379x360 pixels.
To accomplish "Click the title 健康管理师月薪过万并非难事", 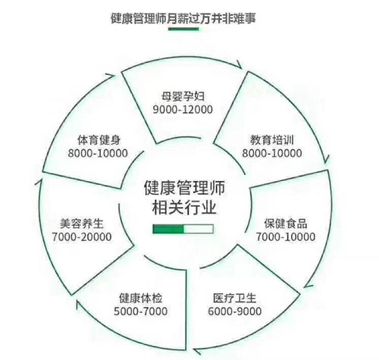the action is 183,18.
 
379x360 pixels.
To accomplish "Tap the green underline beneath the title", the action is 183,29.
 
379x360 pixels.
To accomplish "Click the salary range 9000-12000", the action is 183,109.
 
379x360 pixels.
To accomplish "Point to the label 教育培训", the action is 272,140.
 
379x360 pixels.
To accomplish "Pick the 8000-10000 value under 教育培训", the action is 272,153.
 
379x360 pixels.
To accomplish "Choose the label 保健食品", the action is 286,224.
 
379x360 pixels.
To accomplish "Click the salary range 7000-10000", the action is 286,237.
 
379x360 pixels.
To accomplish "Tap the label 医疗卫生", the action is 235,298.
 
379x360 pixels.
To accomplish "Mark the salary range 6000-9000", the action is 235,311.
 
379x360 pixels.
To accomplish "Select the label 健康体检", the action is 141,298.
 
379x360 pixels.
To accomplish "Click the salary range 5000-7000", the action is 141,311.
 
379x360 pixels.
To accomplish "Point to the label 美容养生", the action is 82,224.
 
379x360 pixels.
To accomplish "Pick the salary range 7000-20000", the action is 82,237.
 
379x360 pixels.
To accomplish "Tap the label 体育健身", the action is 99,140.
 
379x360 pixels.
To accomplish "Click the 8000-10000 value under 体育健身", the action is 98,153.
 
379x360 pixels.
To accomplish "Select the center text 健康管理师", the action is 184,187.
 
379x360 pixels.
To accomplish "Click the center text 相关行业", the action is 184,208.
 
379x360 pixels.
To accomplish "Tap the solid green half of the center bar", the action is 168,229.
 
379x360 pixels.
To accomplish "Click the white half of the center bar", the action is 199,229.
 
